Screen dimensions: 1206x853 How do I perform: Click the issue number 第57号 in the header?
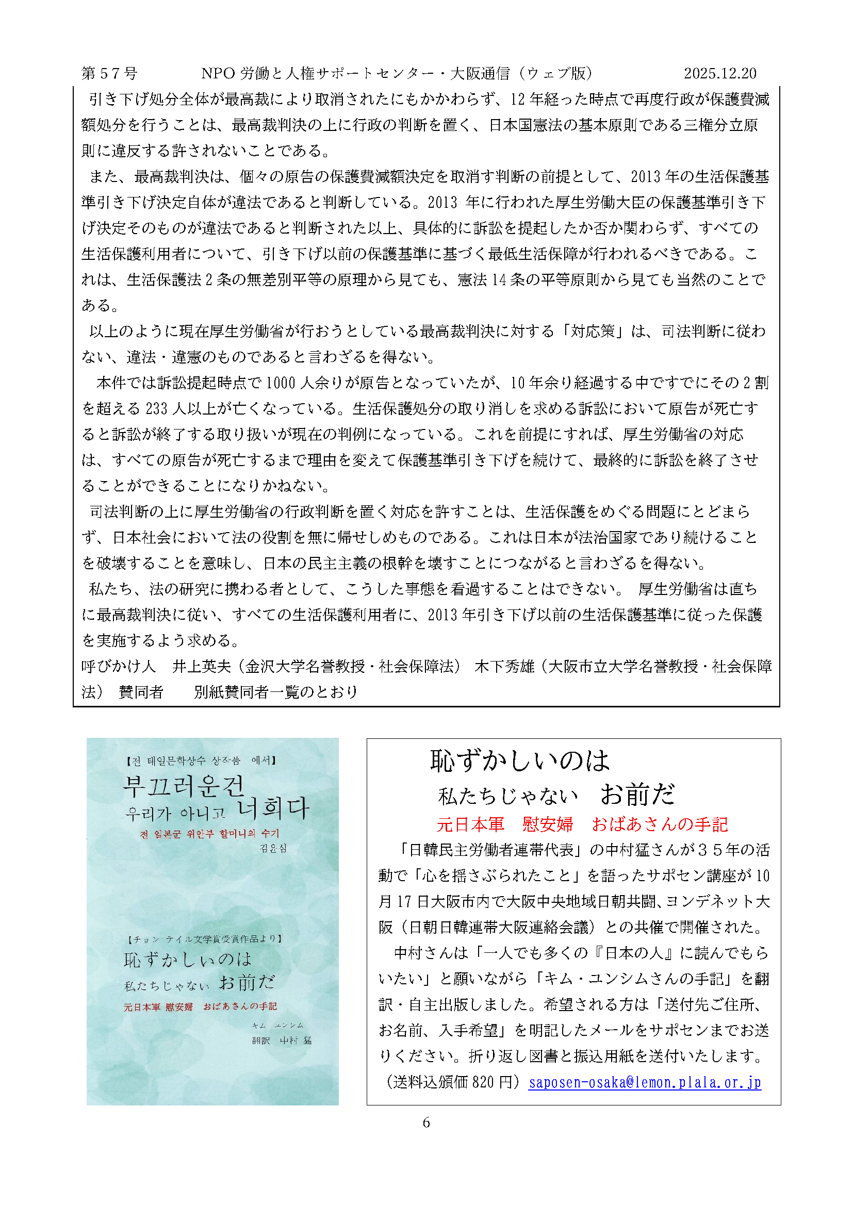[x=109, y=74]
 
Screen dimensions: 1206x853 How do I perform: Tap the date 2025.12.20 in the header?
[x=719, y=74]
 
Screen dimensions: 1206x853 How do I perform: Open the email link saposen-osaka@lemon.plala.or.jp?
[x=645, y=1082]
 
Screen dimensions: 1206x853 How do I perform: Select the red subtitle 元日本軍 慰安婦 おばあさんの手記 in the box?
[x=582, y=824]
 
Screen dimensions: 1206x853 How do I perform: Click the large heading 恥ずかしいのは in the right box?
[x=519, y=761]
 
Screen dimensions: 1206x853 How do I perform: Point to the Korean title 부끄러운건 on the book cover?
[x=184, y=786]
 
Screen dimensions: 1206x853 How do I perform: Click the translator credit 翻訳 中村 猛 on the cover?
[x=282, y=1040]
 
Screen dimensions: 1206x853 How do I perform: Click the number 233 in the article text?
[x=157, y=409]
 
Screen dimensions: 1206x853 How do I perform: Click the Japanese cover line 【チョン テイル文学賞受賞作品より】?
[x=205, y=938]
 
